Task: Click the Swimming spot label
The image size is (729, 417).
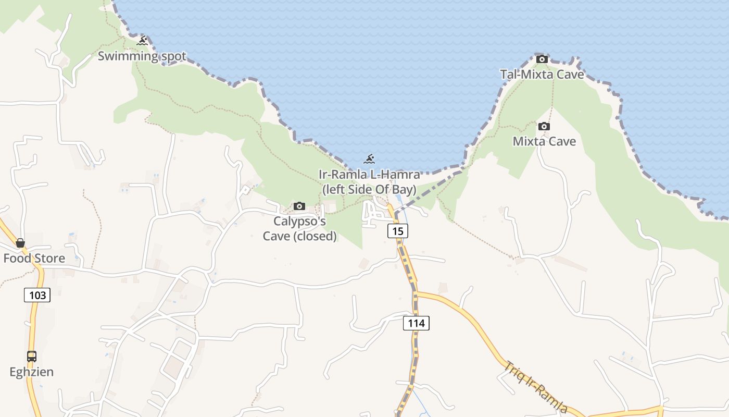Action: pyautogui.click(x=142, y=56)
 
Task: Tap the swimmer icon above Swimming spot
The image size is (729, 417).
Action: pyautogui.click(x=142, y=40)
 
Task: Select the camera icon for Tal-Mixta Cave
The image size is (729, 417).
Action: pyautogui.click(x=542, y=59)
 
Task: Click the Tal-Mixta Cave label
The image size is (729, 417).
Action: pyautogui.click(x=542, y=75)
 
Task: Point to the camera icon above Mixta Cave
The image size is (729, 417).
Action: pyautogui.click(x=544, y=126)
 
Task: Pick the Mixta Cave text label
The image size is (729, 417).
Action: pyautogui.click(x=544, y=141)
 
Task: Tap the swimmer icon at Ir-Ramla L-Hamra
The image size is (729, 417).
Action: pyautogui.click(x=369, y=159)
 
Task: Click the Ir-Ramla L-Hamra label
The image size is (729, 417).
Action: pyautogui.click(x=369, y=175)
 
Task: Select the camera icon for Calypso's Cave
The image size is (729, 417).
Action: pyautogui.click(x=299, y=206)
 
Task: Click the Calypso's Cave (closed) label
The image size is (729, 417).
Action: pyautogui.click(x=299, y=229)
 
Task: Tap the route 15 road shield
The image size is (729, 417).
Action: pyautogui.click(x=397, y=230)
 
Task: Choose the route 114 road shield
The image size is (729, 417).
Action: pyautogui.click(x=416, y=323)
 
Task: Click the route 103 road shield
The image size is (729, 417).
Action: pyautogui.click(x=37, y=296)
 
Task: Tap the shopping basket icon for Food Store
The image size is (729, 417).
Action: pyautogui.click(x=20, y=243)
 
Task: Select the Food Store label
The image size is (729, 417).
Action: pyautogui.click(x=34, y=259)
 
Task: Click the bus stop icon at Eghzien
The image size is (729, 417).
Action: pyautogui.click(x=32, y=357)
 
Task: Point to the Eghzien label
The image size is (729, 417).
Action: pyautogui.click(x=32, y=372)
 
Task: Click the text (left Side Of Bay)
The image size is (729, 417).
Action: pyautogui.click(x=369, y=190)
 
